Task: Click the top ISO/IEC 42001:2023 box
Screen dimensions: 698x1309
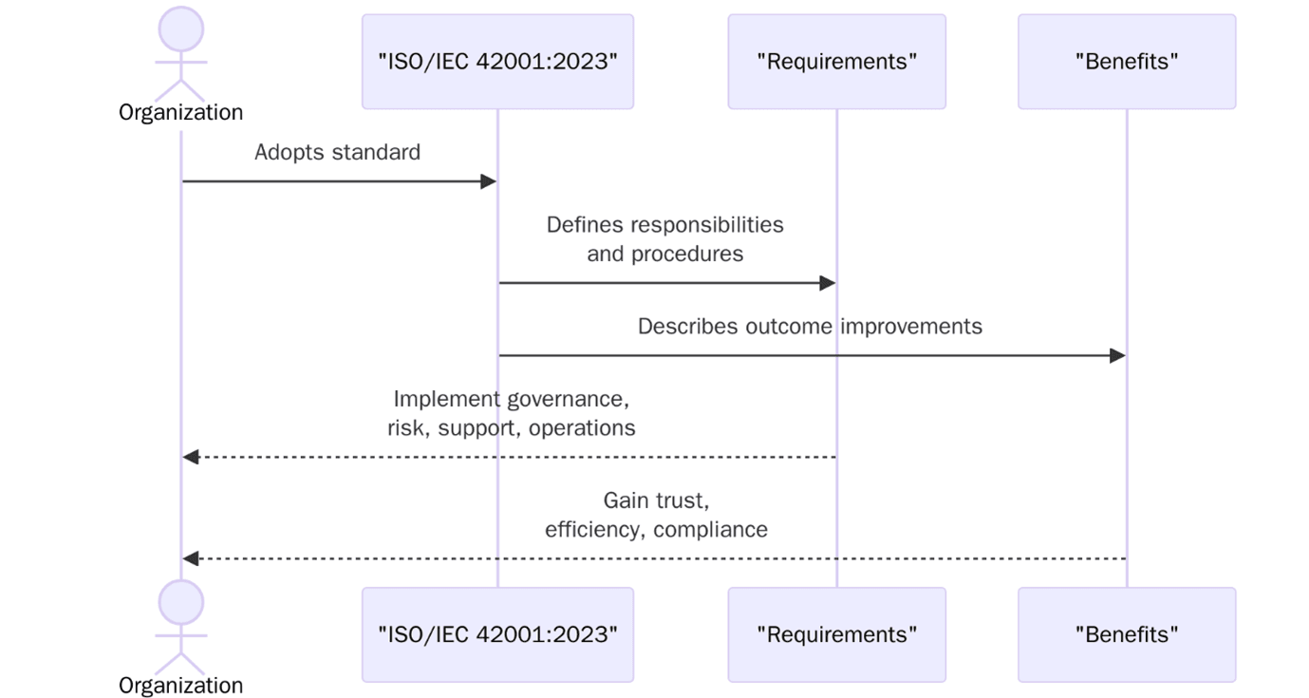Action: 497,62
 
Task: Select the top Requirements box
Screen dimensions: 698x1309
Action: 836,62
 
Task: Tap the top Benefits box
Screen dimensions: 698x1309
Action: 1127,62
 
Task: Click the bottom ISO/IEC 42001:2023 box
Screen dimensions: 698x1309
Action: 497,634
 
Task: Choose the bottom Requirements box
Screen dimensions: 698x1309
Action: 836,634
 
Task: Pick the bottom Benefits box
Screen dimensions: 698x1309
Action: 1127,634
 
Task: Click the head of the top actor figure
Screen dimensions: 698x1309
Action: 180,29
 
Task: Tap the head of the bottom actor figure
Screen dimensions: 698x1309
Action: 180,603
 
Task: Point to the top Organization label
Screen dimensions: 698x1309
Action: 180,112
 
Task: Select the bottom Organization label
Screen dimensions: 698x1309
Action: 180,685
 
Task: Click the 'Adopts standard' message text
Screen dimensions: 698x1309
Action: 337,152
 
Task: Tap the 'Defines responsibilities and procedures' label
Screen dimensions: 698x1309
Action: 664,239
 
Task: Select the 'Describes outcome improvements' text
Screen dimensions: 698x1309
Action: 810,327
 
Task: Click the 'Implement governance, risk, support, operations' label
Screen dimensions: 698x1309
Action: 511,413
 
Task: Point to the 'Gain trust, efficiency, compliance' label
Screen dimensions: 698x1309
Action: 656,515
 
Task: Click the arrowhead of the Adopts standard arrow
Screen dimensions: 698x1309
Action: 489,181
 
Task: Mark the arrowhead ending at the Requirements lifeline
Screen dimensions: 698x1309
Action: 828,283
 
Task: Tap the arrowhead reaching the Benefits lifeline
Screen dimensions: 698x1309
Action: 1117,356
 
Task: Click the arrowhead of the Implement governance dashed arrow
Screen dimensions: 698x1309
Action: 191,458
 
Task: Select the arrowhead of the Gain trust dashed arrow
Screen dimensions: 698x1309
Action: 191,558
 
